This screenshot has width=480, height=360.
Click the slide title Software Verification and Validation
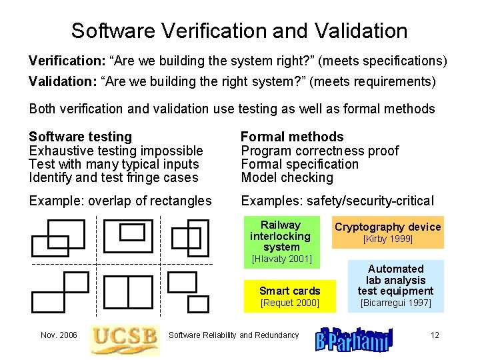pos(239,31)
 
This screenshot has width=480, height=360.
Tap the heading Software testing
pos(81,137)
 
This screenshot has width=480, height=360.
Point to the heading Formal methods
pos(292,137)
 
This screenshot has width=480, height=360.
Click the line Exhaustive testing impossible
pos(116,151)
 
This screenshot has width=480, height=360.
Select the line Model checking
pos(287,178)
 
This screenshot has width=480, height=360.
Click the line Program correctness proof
pos(319,151)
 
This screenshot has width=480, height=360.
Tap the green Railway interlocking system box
pos(281,235)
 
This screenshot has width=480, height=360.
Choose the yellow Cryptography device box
pos(387,227)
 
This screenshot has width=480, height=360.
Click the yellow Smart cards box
pos(290,291)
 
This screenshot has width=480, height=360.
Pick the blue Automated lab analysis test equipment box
pos(395,279)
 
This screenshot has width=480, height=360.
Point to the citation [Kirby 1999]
pos(387,239)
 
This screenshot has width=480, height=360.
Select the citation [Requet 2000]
pos(290,303)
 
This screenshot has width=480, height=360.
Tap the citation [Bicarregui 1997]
pos(395,303)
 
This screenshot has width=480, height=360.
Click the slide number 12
pos(435,335)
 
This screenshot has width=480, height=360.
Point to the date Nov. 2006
pos(59,335)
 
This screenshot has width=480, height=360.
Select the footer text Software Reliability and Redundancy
pos(234,335)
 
